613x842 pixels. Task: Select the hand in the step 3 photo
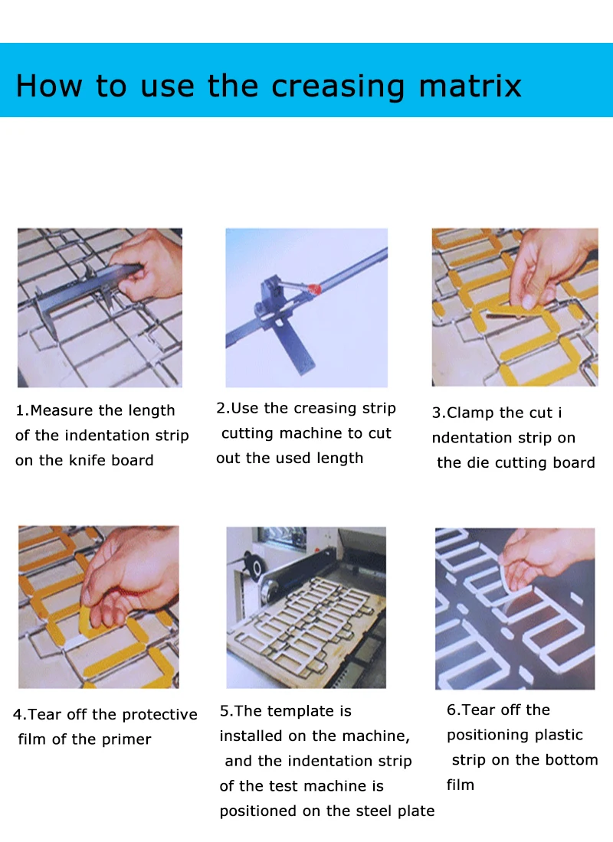click(x=548, y=268)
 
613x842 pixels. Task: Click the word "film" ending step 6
click(x=461, y=785)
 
